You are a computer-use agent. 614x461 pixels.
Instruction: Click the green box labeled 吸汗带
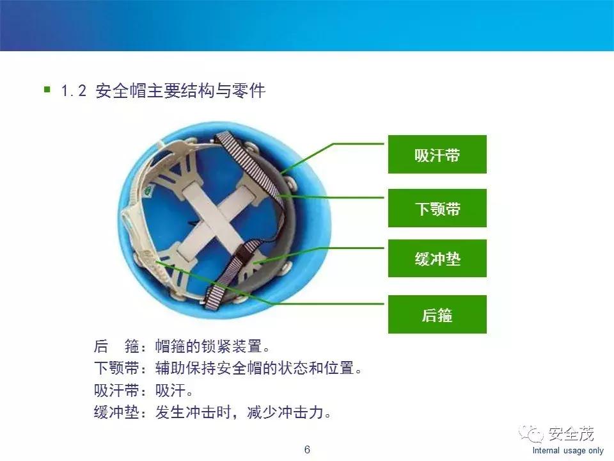tap(437, 154)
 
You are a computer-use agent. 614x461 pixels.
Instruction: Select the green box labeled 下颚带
tap(437, 208)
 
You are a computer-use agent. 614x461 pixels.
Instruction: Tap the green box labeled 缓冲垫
tap(437, 259)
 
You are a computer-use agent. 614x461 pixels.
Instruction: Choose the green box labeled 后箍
tap(437, 314)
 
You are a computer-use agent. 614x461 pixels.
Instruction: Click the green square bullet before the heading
tap(47, 90)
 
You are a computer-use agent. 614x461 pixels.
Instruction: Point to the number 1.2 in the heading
tap(74, 91)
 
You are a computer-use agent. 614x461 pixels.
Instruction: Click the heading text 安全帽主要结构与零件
tap(180, 91)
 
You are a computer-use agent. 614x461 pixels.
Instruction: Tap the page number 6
tap(307, 449)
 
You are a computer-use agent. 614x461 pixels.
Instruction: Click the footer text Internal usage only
tap(568, 451)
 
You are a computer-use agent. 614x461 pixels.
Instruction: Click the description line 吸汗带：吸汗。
tap(144, 391)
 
